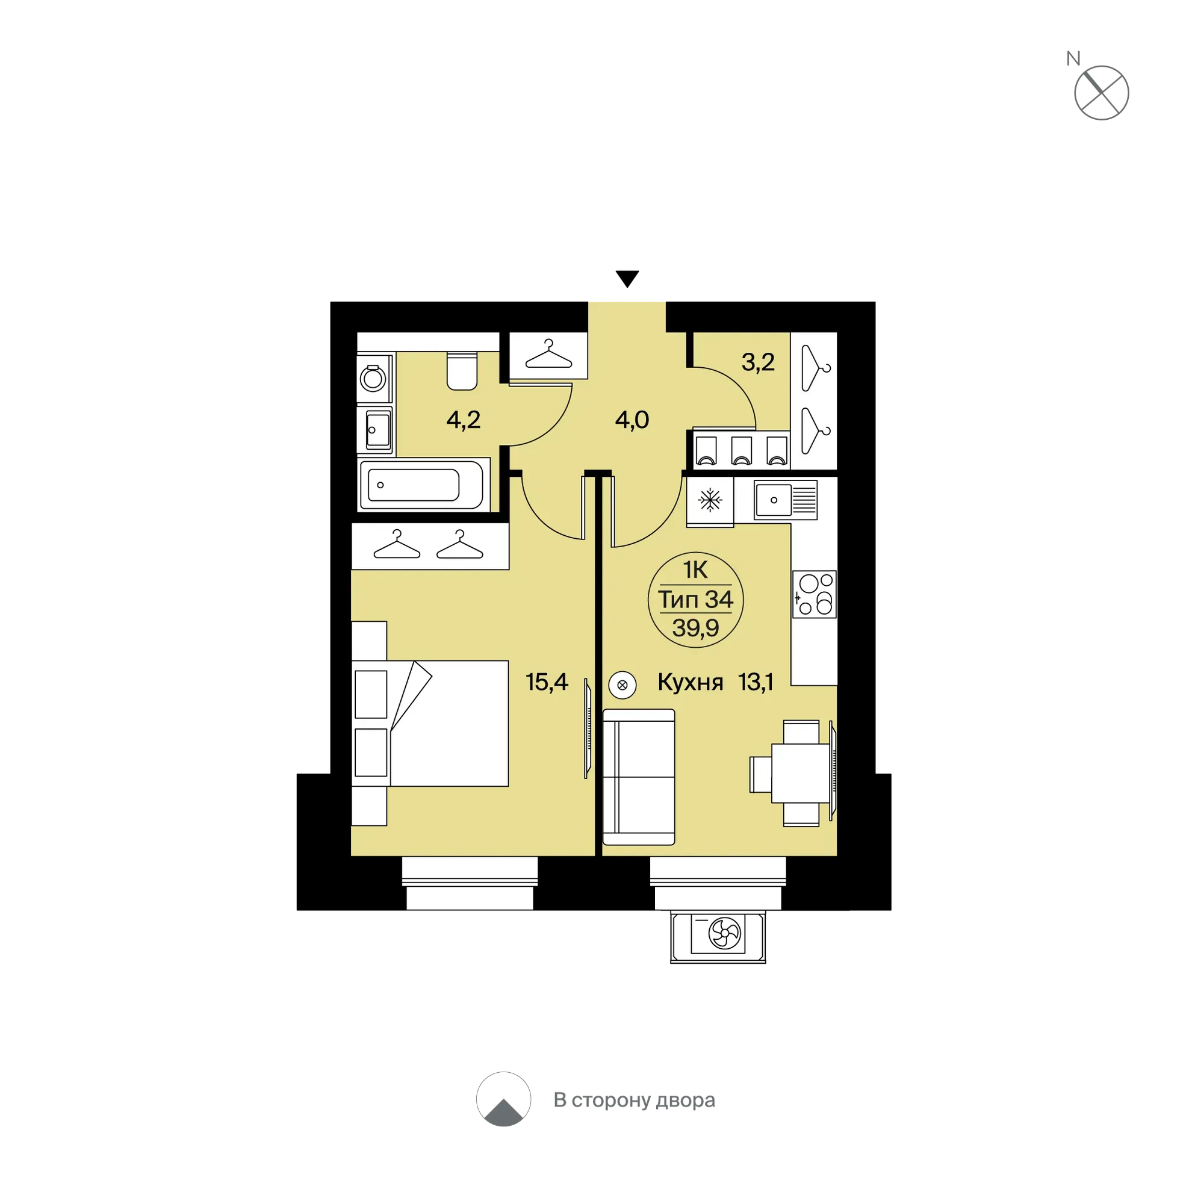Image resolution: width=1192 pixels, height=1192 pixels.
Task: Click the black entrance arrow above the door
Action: [627, 278]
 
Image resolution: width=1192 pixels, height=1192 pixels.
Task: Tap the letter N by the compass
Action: [1073, 58]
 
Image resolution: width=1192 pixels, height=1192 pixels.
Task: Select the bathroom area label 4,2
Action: [464, 420]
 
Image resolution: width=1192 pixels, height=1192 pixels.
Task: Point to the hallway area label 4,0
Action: [632, 420]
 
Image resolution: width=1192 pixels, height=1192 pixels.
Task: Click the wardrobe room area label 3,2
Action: [758, 362]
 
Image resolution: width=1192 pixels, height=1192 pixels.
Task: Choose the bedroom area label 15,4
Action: [547, 681]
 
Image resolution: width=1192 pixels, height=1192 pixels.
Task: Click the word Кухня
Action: [691, 681]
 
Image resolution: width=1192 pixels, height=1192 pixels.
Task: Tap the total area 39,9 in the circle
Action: [695, 628]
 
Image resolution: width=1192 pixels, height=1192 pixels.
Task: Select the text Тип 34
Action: [695, 599]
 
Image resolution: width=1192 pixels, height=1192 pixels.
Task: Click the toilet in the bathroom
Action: [462, 371]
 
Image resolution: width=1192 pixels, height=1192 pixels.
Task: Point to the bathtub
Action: [423, 485]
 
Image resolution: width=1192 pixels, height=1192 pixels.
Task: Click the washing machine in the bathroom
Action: [374, 377]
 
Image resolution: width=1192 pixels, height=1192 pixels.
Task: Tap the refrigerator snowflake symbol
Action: [710, 500]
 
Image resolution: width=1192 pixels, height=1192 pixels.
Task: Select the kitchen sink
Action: [786, 500]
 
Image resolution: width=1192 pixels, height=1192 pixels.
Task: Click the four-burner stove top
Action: [815, 594]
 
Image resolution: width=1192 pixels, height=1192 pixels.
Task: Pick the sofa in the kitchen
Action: [639, 777]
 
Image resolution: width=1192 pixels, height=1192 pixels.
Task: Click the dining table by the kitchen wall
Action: [800, 773]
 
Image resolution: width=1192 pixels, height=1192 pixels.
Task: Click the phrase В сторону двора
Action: [635, 1099]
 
